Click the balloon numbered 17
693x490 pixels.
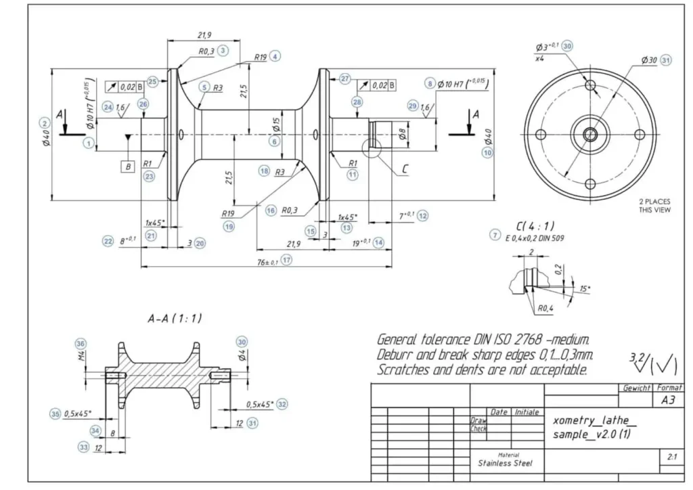tap(287, 260)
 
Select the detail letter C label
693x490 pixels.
tap(405, 169)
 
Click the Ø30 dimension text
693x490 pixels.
tap(648, 60)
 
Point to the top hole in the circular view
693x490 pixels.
tap(591, 86)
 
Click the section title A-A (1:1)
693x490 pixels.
tap(175, 318)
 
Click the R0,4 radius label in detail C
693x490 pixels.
tap(546, 309)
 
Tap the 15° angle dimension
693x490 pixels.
tap(584, 288)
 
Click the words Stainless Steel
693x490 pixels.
tap(505, 464)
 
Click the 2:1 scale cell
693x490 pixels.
tap(671, 457)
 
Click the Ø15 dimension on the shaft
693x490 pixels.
tap(276, 125)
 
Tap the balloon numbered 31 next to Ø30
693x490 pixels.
tap(667, 60)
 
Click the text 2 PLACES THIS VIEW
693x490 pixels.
tap(654, 206)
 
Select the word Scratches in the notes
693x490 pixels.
tap(399, 370)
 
